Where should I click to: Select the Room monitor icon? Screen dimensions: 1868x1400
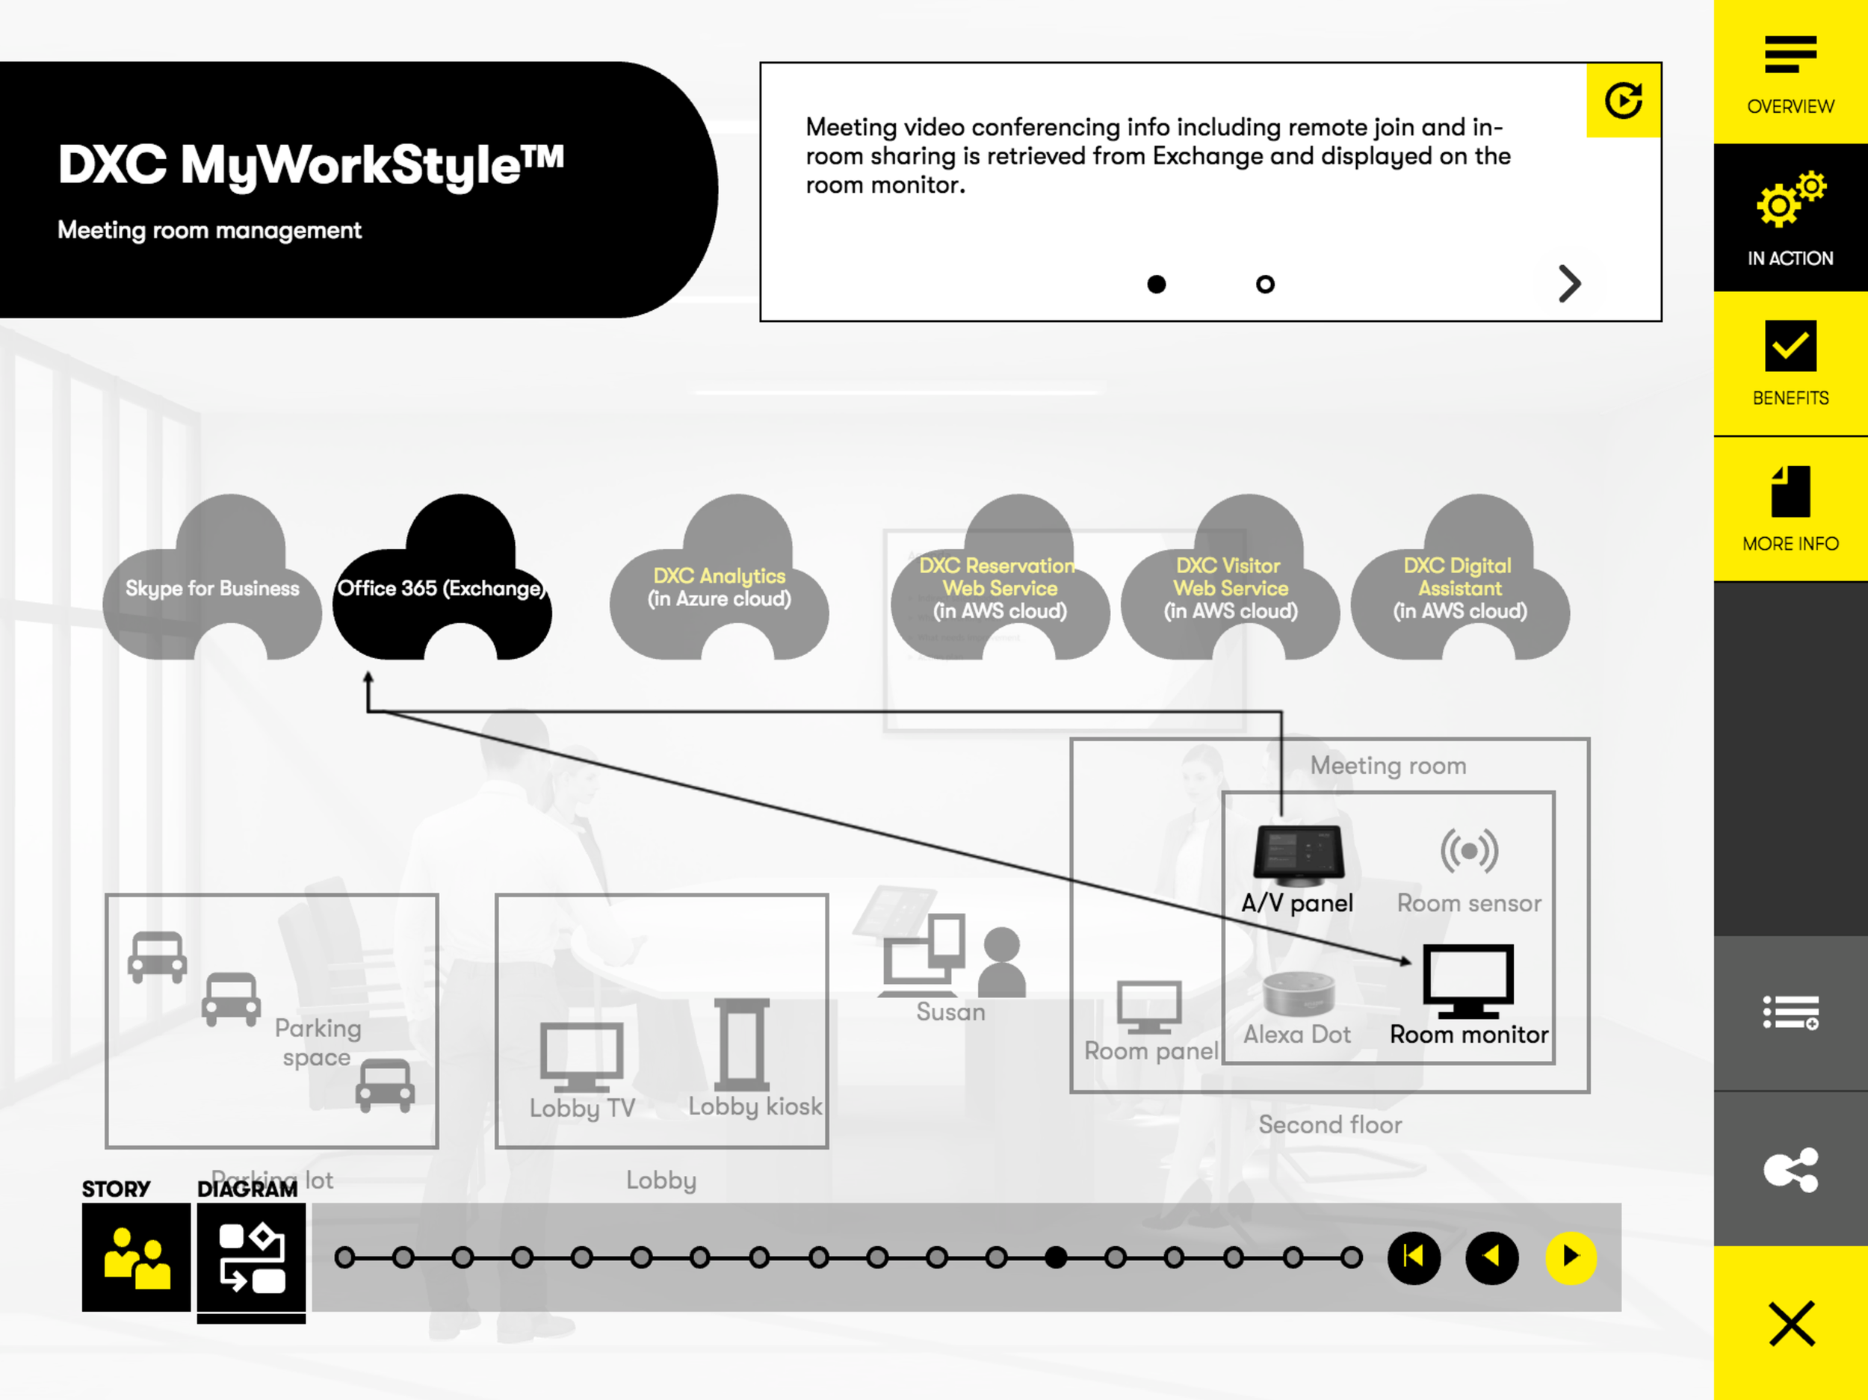pos(1468,980)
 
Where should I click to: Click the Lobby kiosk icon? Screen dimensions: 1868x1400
pos(741,1044)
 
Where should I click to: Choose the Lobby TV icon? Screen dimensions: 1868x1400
pos(582,1056)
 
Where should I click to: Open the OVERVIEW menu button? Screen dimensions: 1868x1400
pos(1790,72)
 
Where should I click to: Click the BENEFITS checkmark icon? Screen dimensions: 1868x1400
pos(1790,346)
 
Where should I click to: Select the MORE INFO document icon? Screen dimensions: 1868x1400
pos(1790,492)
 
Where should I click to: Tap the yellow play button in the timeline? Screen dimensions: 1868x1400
pos(1571,1257)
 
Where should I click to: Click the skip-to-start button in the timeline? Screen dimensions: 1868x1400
pos(1414,1257)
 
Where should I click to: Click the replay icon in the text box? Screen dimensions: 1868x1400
pos(1623,101)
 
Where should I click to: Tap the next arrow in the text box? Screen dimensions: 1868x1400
pos(1569,284)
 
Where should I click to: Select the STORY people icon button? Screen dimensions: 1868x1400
pos(136,1257)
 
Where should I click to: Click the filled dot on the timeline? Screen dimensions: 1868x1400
pos(1056,1257)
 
